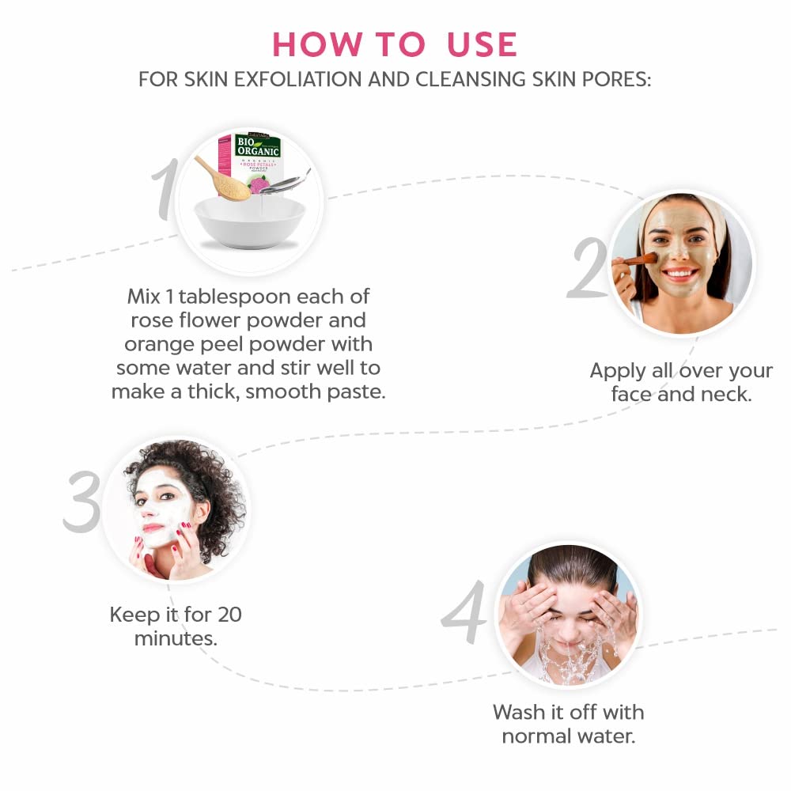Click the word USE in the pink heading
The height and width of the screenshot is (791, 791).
(482, 44)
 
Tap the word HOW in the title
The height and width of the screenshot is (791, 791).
(316, 44)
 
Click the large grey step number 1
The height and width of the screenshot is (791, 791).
(165, 189)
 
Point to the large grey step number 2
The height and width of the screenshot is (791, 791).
(589, 267)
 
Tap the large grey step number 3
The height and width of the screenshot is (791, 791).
(82, 501)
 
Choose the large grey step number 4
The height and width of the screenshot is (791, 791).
(464, 611)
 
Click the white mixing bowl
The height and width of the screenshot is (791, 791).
(250, 222)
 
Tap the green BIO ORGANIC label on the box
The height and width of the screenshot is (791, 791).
(258, 146)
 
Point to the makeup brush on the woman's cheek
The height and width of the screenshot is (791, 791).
(636, 260)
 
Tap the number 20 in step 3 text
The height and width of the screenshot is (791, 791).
(229, 615)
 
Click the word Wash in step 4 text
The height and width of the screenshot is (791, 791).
(519, 713)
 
